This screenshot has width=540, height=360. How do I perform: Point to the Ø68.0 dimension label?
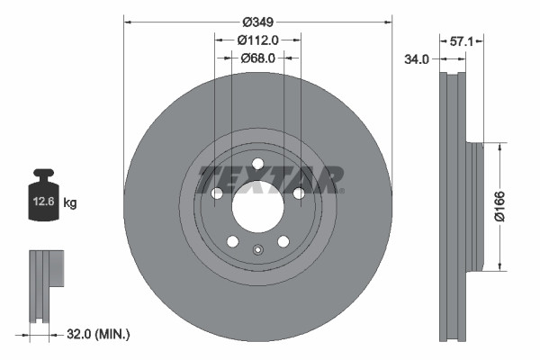pyautogui.click(x=257, y=58)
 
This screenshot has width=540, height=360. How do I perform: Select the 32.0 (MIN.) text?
pyautogui.click(x=99, y=334)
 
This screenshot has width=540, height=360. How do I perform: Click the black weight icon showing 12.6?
pyautogui.click(x=45, y=192)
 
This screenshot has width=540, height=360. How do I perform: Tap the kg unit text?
pyautogui.click(x=70, y=203)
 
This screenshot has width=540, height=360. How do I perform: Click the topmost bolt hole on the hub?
pyautogui.click(x=257, y=163)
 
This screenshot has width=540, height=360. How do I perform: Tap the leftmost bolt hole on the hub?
pyautogui.click(x=216, y=193)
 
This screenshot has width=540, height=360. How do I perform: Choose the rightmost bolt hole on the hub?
pyautogui.click(x=299, y=193)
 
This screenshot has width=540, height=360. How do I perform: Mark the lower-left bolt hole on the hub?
pyautogui.click(x=232, y=241)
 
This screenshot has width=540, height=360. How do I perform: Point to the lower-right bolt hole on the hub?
pyautogui.click(x=283, y=241)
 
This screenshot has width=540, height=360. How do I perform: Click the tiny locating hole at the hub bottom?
pyautogui.click(x=257, y=251)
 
